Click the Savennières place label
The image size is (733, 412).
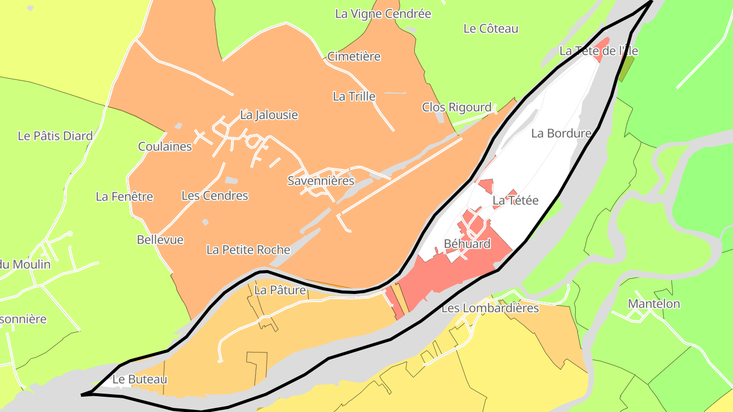pos(321,181)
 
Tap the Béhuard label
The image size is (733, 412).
pos(467,244)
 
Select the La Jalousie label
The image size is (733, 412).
pos(269,115)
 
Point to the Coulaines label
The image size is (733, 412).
pos(165,146)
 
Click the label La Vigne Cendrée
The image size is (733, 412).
pos(383,14)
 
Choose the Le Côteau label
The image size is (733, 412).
pos(491,28)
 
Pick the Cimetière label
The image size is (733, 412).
pos(354,56)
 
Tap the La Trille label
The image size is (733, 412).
pos(354,96)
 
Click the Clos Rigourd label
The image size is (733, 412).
pos(457,107)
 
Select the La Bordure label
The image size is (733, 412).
pos(561,133)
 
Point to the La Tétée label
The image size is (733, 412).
pos(515,200)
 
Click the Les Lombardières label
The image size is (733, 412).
pos(490,308)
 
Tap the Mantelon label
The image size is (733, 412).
pos(654,304)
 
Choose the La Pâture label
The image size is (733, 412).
pos(280,290)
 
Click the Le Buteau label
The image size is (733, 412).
pos(139,379)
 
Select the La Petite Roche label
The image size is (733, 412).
pos(248,250)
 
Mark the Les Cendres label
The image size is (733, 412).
pos(215,195)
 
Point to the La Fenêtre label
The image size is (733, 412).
pos(124,196)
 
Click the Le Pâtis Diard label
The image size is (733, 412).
pos(55,136)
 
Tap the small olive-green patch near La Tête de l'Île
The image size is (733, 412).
pos(626,69)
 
